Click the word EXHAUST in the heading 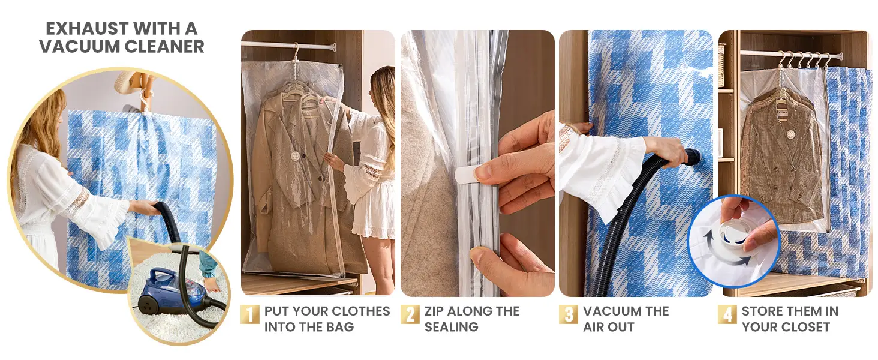[87, 29]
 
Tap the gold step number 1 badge [249, 315]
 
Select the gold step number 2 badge [410, 314]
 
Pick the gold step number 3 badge [569, 314]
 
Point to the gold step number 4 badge [727, 314]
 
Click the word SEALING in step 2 [452, 327]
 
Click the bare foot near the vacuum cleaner [211, 284]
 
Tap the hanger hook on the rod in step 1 [296, 50]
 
